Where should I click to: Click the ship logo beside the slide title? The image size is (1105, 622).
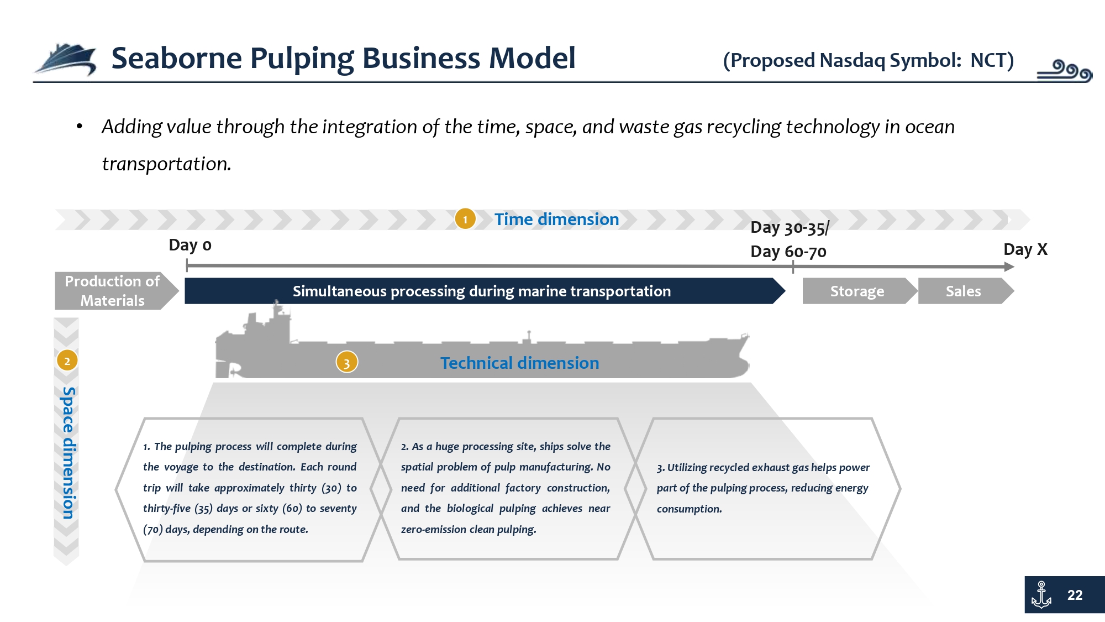tap(65, 59)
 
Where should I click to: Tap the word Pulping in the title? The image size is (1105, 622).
tap(301, 59)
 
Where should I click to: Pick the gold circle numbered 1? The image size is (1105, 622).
tap(465, 219)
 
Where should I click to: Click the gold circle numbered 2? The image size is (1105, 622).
tap(67, 361)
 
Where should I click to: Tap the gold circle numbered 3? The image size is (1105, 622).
tap(347, 363)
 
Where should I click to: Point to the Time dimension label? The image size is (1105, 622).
tap(556, 219)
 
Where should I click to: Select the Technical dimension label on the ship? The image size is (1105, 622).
tap(519, 363)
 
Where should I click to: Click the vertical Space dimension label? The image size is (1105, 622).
tap(68, 453)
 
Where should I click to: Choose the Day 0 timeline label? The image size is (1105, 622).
tap(190, 245)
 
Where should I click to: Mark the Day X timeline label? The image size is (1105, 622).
tap(1025, 249)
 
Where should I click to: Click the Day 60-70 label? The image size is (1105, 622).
tap(788, 252)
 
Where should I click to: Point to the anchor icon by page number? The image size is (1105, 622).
tap(1041, 595)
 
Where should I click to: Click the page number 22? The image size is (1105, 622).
tap(1075, 595)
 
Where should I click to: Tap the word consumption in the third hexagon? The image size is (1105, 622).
tap(689, 509)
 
